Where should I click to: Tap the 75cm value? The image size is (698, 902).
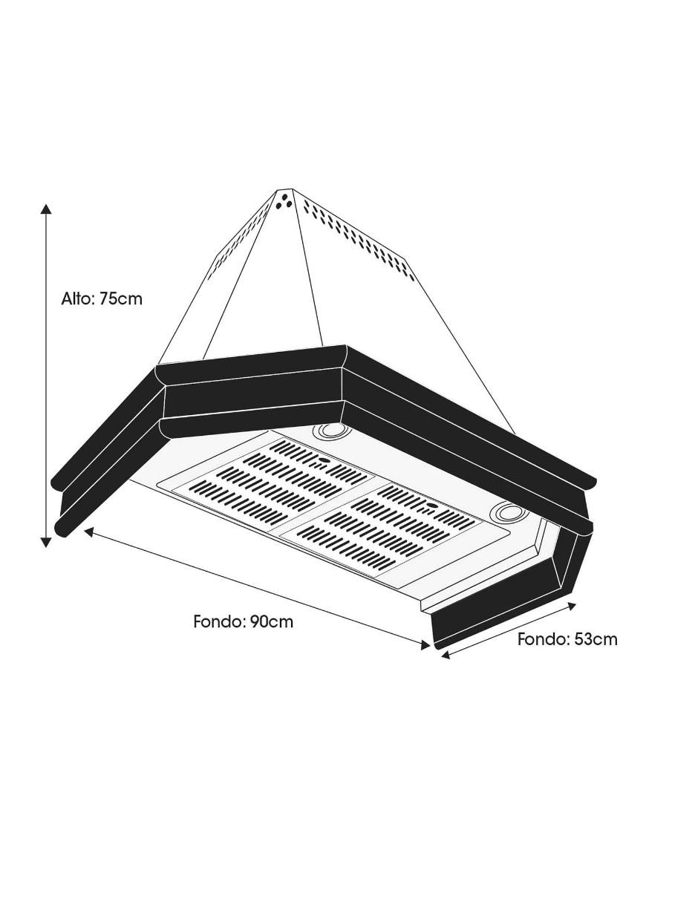121,298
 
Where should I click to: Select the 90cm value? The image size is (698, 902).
273,622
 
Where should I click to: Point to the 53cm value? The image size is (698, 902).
596,639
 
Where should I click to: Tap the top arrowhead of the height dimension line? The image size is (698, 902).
46,209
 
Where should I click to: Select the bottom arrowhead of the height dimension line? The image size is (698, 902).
46,542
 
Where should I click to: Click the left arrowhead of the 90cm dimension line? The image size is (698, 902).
89,532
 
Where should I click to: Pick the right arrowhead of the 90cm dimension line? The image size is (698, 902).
425,645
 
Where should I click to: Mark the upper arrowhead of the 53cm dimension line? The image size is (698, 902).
573,606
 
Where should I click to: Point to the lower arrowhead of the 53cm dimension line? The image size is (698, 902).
446,656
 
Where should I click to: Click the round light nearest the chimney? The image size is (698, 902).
330,431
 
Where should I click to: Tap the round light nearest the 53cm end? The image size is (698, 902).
509,512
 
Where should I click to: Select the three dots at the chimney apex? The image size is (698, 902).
284,201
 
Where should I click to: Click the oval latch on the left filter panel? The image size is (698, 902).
322,460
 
